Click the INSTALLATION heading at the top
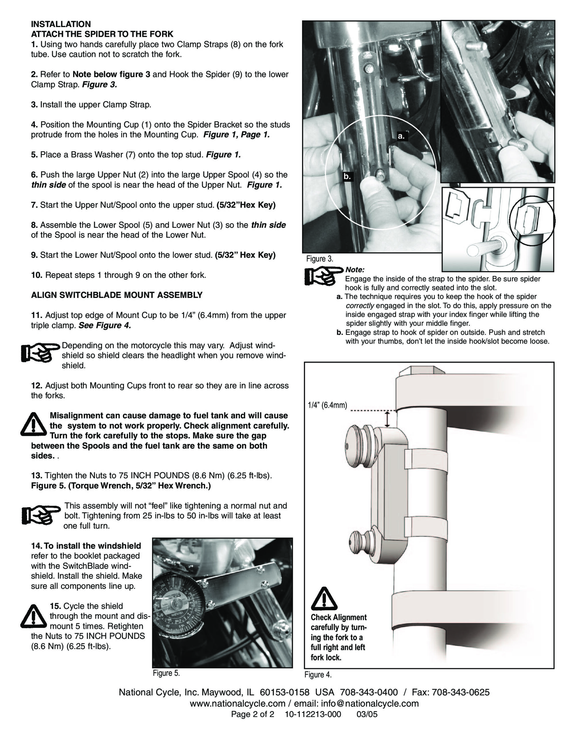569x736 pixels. (61, 24)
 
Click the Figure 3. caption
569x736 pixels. (319, 259)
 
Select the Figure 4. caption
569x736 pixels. (318, 674)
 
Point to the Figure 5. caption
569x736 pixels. (166, 673)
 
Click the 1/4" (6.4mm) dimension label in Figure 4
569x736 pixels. (327, 405)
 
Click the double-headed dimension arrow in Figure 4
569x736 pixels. (387, 419)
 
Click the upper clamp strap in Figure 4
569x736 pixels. (426, 462)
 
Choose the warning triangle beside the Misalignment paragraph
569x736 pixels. (33, 424)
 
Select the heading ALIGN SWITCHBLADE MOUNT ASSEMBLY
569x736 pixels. (117, 295)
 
